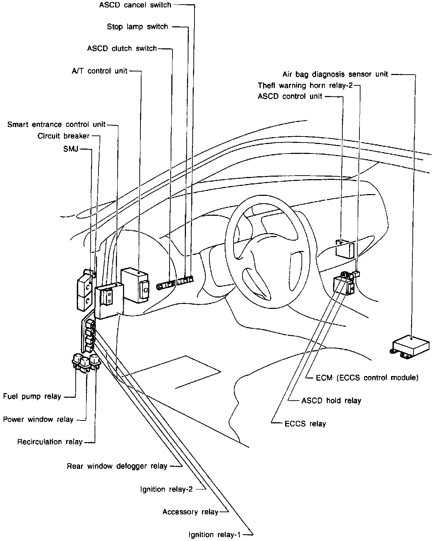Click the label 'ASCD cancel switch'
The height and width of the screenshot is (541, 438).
click(135, 5)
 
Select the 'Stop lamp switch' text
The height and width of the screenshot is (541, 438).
click(138, 27)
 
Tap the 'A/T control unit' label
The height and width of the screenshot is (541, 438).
click(99, 71)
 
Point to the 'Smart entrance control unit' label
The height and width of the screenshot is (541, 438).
click(56, 124)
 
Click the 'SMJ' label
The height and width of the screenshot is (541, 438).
click(71, 149)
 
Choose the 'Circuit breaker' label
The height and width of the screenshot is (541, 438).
click(63, 136)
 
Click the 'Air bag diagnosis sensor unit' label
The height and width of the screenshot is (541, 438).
click(335, 74)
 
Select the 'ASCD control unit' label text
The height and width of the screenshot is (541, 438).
click(290, 97)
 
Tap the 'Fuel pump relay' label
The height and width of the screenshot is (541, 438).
click(32, 396)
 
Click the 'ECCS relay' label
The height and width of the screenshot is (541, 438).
click(305, 424)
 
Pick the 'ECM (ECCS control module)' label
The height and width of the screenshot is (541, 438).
click(367, 378)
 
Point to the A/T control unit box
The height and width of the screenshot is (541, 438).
click(135, 285)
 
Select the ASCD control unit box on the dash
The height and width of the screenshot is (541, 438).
click(345, 249)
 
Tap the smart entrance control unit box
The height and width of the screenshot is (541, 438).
click(109, 301)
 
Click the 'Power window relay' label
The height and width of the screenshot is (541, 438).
click(38, 419)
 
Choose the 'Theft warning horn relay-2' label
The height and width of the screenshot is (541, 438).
click(305, 86)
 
